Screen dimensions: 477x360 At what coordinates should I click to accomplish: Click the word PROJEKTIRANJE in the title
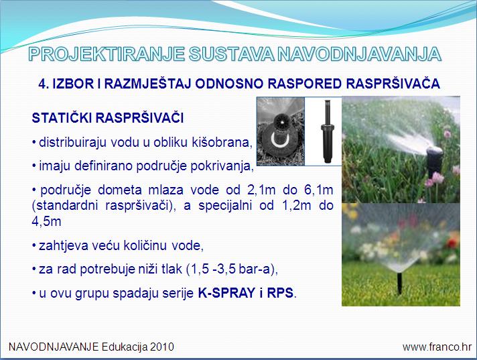coord(107,54)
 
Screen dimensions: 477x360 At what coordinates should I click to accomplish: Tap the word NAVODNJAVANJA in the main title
coord(359,54)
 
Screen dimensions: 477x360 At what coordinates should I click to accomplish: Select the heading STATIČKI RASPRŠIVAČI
coord(108,118)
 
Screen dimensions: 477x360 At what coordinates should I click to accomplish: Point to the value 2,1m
coord(261,190)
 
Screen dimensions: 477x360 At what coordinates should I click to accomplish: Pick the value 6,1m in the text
coord(318,190)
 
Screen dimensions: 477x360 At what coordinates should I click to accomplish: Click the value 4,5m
coord(46,221)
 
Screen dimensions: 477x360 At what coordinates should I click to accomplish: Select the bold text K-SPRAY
coord(226,293)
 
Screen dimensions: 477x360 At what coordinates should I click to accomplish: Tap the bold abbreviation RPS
coord(281,293)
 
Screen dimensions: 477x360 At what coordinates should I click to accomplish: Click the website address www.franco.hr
coord(437,347)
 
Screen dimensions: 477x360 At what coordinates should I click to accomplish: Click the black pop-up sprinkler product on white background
coord(327,131)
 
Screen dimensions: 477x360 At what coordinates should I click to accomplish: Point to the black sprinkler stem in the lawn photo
coord(400,283)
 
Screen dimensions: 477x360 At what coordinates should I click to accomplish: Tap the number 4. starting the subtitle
coord(44,84)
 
